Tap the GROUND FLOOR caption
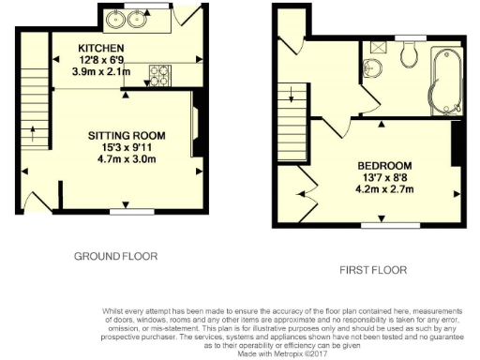tap(115, 255)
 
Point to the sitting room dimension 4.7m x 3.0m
tap(130, 159)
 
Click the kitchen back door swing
tap(190, 15)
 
